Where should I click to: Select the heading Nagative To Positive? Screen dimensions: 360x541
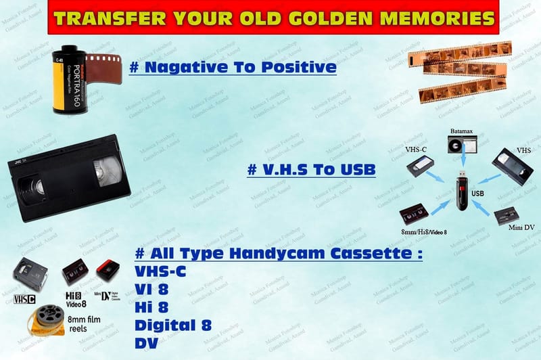232,67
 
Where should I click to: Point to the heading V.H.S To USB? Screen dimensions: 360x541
311,169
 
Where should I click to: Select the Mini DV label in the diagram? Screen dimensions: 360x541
521,227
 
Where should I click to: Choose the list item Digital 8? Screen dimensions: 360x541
173,325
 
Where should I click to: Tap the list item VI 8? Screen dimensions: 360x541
152,289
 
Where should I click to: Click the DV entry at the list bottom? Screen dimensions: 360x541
146,343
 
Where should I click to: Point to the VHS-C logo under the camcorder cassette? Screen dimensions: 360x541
24,298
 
